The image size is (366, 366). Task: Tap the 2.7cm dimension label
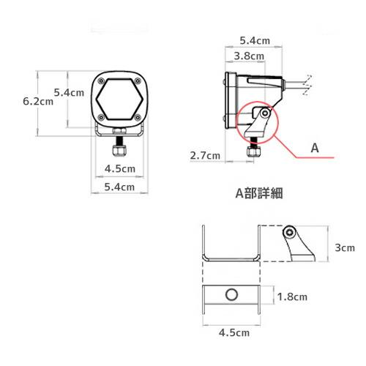click(205, 155)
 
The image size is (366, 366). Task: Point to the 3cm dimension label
click(345, 248)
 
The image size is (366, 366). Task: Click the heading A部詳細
click(259, 194)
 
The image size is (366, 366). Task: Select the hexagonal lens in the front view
click(119, 100)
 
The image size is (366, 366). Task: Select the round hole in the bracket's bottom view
click(231, 296)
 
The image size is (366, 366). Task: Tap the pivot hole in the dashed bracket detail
click(291, 233)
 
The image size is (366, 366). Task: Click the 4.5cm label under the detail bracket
click(231, 332)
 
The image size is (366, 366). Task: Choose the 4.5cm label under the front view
click(119, 168)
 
